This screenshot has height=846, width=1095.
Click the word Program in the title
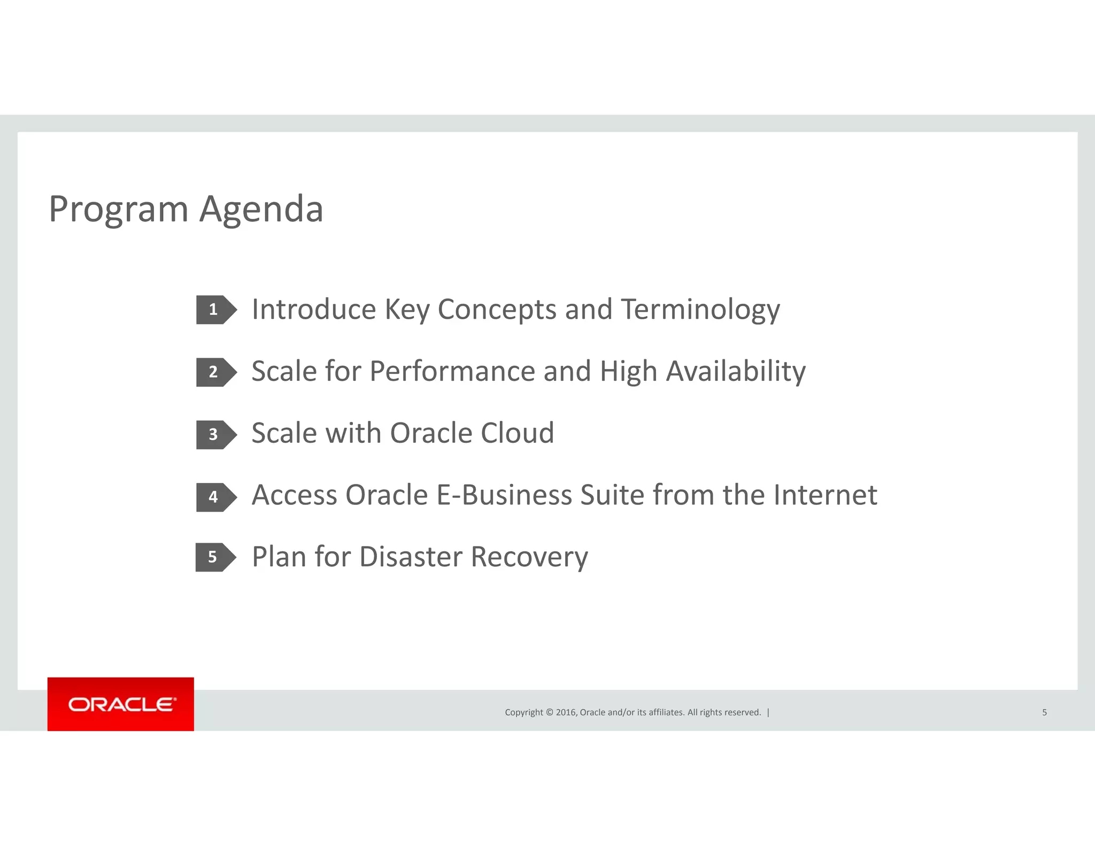coord(119,210)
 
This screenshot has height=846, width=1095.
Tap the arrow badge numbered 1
coord(215,310)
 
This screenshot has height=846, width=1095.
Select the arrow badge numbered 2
coord(215,372)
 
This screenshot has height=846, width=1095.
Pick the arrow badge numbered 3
coord(215,435)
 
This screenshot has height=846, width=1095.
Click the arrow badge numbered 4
coord(215,497)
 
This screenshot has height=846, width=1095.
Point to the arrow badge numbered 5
coord(214,557)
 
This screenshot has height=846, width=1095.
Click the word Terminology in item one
coord(700,310)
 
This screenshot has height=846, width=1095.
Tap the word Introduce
coord(314,310)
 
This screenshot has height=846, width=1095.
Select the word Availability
coord(736,372)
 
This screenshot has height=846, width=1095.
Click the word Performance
coord(452,372)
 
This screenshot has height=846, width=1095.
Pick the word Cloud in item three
coord(517,433)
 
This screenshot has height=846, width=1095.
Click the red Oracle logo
coord(121,704)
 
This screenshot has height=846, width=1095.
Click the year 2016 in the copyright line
coord(566,712)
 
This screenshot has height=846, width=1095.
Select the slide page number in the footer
coord(1044,712)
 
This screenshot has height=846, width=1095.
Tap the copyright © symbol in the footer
coord(549,712)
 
